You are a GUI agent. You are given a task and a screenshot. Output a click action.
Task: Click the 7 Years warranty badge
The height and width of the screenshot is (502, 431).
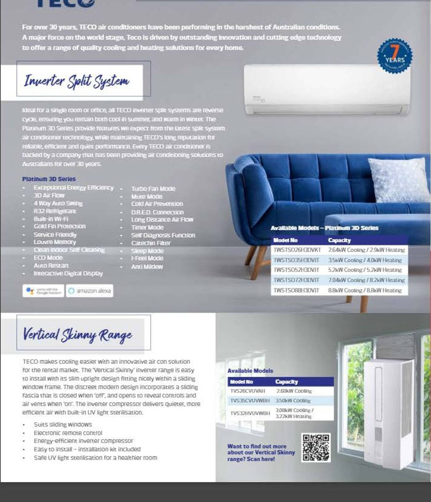point(395,56)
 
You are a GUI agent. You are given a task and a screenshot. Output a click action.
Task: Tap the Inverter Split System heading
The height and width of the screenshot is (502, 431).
point(76,81)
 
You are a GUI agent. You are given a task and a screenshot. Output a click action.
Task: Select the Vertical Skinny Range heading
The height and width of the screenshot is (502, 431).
point(77,335)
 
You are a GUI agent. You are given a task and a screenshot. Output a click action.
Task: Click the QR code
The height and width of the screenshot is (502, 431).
point(316,448)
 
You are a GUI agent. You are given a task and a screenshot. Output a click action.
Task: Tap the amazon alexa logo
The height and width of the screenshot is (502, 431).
point(90,291)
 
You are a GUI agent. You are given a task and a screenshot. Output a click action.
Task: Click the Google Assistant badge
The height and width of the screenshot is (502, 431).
point(43,291)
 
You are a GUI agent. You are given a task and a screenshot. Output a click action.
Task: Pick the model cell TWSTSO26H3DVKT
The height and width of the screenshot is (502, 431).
point(297,250)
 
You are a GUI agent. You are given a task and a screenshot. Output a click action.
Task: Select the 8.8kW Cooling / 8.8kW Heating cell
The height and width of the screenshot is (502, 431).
point(365,290)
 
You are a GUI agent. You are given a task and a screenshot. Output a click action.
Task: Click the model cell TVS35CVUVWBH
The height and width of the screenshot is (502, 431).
point(250,401)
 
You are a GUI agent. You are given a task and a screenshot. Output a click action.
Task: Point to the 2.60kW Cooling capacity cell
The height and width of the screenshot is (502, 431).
point(294,391)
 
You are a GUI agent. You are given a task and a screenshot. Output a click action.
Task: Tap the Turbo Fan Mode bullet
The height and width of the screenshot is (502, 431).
point(153,189)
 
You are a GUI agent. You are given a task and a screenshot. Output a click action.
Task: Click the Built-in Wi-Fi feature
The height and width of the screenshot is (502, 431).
point(51,219)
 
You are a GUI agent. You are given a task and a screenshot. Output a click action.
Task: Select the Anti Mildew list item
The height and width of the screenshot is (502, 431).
point(147,267)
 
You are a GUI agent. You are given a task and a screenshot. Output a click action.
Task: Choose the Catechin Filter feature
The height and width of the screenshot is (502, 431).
point(151,243)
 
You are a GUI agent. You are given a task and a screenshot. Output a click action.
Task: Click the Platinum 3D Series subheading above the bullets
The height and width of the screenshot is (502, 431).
point(49,179)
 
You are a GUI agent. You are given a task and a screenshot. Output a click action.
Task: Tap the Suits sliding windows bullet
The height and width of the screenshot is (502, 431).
point(63,424)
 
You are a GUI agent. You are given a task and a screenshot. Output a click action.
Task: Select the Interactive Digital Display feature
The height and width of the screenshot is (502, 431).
point(68,273)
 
